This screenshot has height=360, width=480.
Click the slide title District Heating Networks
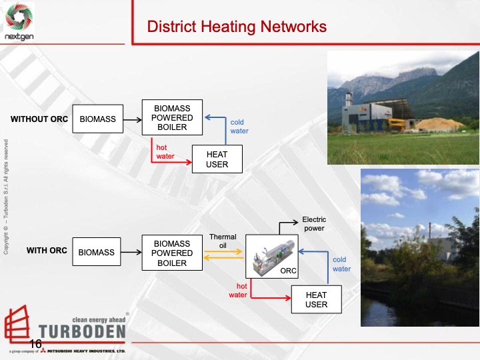237,27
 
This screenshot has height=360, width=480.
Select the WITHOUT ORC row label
39,119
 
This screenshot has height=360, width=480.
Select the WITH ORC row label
47,251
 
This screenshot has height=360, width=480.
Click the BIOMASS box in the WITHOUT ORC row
97,119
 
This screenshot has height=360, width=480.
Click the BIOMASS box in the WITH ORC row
97,252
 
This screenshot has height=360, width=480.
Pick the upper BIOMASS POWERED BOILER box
173,118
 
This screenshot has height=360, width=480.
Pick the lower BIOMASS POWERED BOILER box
172,253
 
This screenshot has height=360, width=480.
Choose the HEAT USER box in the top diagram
217,159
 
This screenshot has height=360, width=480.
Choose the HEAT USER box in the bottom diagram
316,300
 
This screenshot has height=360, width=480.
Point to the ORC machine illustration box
271,257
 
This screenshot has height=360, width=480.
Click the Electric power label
314,223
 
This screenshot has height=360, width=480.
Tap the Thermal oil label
223,241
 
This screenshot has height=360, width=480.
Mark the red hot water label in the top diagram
165,152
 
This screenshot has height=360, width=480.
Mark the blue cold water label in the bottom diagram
341,265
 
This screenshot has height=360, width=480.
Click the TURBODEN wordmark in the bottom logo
82,331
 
